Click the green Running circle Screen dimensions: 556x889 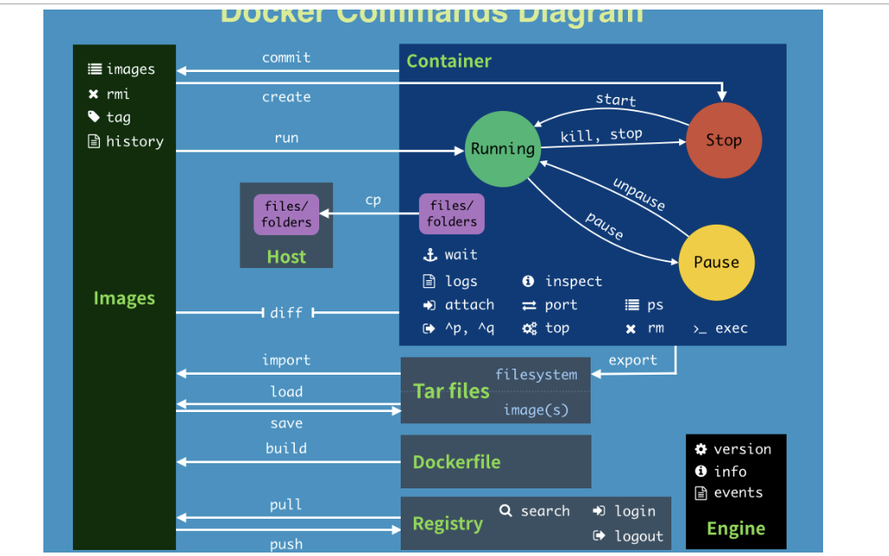tap(502, 148)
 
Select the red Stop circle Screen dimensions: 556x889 tap(723, 141)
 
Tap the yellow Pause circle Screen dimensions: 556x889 tap(716, 262)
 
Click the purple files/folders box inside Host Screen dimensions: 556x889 tap(286, 214)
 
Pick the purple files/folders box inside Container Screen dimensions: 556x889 tap(452, 214)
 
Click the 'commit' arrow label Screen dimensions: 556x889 tap(286, 57)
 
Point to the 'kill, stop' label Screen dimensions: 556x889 tap(601, 134)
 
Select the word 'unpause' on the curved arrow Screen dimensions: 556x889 tap(639, 194)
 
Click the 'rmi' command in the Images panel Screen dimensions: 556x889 tap(117, 94)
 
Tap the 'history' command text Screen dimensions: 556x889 tap(134, 141)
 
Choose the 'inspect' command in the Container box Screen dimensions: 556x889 tap(572, 281)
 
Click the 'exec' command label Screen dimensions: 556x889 tap(731, 328)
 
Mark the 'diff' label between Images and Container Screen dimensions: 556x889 tap(286, 312)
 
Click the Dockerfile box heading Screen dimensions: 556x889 tap(456, 462)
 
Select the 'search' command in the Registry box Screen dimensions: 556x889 tap(545, 511)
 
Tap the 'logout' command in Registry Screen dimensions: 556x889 tap(638, 536)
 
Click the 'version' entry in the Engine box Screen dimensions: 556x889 tap(742, 448)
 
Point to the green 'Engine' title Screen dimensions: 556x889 tap(735, 528)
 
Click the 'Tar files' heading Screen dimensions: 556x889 tap(451, 391)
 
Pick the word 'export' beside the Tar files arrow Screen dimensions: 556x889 tap(632, 360)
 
